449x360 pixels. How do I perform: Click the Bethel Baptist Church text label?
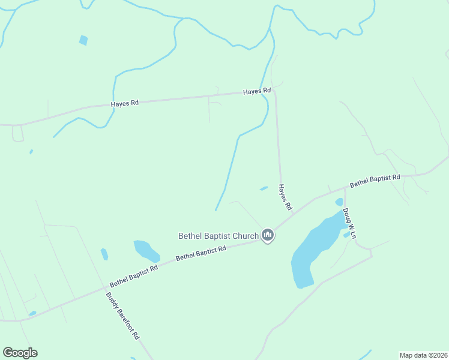tap(218, 236)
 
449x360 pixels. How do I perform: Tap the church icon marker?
tap(268, 235)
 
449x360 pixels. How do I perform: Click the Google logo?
tap(20, 353)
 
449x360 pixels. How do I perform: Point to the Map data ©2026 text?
tap(423, 355)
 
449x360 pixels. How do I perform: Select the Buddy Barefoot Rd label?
tap(122, 316)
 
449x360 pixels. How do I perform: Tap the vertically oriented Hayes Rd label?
tap(285, 197)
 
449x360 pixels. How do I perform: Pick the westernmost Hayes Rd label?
tap(125, 103)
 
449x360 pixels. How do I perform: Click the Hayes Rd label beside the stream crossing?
tap(257, 91)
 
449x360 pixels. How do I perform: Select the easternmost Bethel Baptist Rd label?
tap(375, 181)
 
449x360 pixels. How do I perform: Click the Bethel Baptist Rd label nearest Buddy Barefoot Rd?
tap(133, 276)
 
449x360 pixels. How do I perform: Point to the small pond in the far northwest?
tap(83, 40)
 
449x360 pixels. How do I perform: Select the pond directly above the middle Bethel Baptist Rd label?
tap(146, 250)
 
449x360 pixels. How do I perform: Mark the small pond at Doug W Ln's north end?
tap(339, 202)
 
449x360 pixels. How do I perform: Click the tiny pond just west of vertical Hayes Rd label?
tap(264, 188)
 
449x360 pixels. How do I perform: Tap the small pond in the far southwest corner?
tap(32, 313)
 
